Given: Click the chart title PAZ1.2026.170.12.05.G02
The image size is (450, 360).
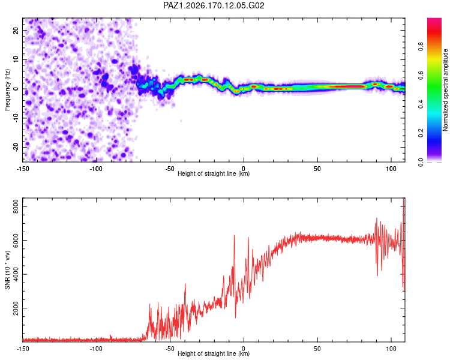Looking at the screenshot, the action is pyautogui.click(x=214, y=5).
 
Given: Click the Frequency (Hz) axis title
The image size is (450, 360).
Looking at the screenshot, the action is pyautogui.click(x=7, y=90).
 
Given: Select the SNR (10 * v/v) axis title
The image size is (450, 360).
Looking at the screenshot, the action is pyautogui.click(x=7, y=270).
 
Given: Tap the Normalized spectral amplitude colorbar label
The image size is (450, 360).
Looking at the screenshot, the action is pyautogui.click(x=445, y=90).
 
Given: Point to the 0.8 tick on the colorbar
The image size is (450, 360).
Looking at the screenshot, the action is pyautogui.click(x=421, y=46).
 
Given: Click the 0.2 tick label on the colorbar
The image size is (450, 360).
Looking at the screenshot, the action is pyautogui.click(x=421, y=133).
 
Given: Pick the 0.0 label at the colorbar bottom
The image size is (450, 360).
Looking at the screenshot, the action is pyautogui.click(x=421, y=162).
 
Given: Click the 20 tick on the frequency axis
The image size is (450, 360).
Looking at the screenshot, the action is pyautogui.click(x=16, y=31).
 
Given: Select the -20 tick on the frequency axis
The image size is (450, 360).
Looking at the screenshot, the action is pyautogui.click(x=16, y=147).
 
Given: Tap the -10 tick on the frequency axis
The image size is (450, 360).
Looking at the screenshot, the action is pyautogui.click(x=16, y=118).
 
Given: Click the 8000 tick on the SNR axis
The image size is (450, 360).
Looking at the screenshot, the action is pyautogui.click(x=16, y=206).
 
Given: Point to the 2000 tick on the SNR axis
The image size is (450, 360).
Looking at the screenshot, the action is pyautogui.click(x=16, y=308).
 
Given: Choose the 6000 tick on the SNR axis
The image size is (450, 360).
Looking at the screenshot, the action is pyautogui.click(x=16, y=240).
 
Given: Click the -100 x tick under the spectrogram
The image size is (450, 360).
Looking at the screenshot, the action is pyautogui.click(x=96, y=169).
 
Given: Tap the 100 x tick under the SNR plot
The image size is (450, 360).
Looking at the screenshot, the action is pyautogui.click(x=391, y=349).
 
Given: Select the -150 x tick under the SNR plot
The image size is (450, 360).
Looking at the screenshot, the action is pyautogui.click(x=23, y=349).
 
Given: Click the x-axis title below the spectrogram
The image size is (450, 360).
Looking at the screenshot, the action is pyautogui.click(x=214, y=173).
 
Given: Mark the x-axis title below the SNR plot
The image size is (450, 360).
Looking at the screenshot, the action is pyautogui.click(x=214, y=353).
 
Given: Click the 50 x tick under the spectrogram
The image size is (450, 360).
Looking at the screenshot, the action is pyautogui.click(x=317, y=169).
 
